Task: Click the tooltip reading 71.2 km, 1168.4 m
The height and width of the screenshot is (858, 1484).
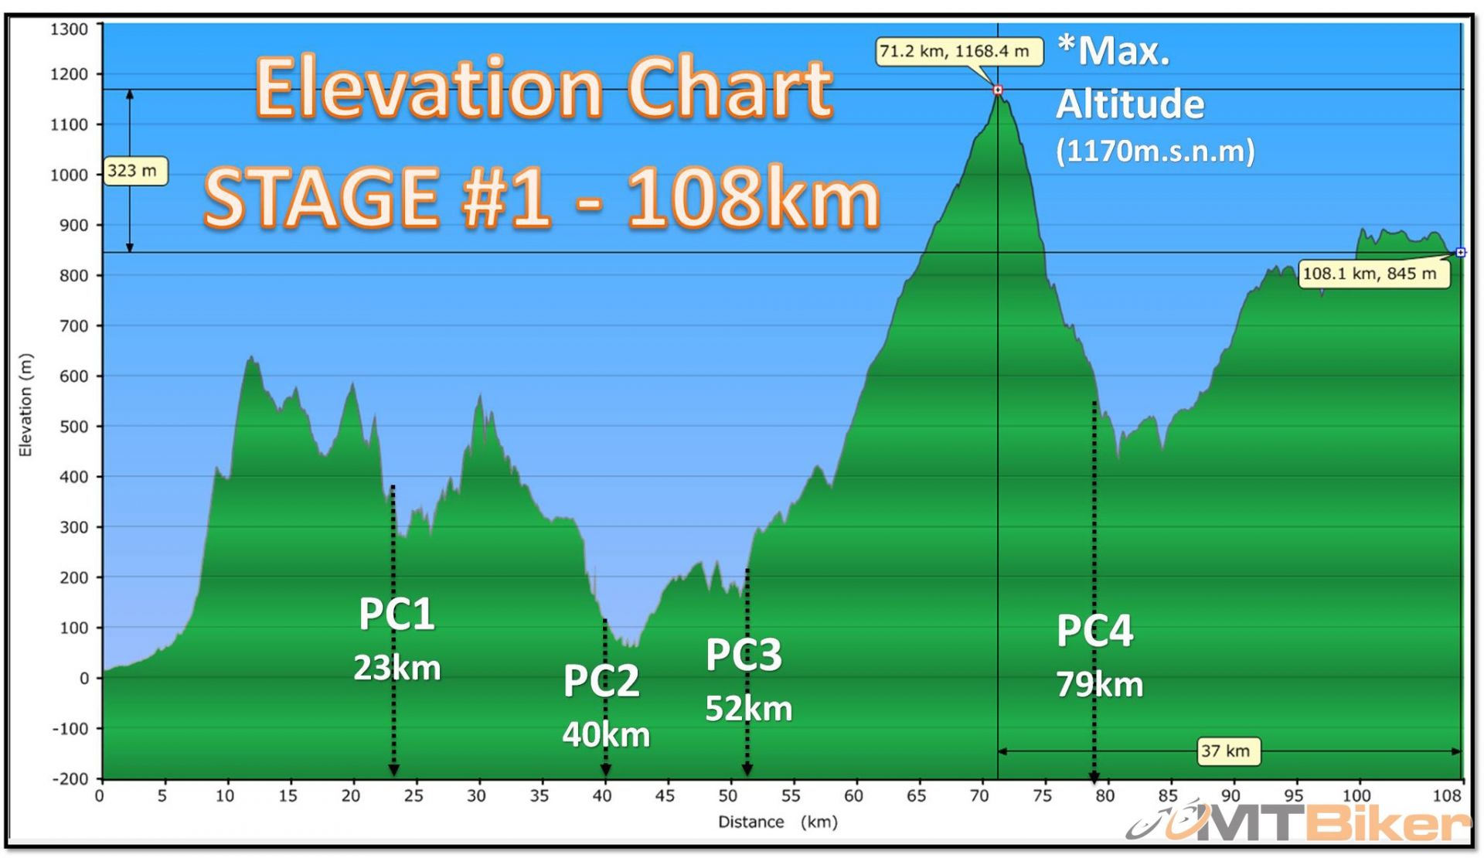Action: pyautogui.click(x=958, y=52)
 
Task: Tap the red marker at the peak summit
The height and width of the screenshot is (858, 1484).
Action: pyautogui.click(x=998, y=90)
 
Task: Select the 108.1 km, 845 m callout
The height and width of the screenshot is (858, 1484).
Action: pyautogui.click(x=1373, y=274)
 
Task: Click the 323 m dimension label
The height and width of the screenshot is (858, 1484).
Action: pyautogui.click(x=133, y=171)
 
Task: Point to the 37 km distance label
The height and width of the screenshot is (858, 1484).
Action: pyautogui.click(x=1227, y=751)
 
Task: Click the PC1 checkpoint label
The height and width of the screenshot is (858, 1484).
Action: pyautogui.click(x=397, y=615)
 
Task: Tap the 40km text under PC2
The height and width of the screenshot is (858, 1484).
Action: pyautogui.click(x=606, y=734)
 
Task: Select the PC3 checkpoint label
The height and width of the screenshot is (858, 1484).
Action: pyautogui.click(x=744, y=655)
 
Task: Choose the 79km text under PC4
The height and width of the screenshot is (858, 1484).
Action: pyautogui.click(x=1099, y=685)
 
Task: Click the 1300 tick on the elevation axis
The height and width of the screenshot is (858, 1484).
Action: pyautogui.click(x=70, y=29)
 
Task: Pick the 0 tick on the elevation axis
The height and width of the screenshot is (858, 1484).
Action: pyautogui.click(x=84, y=679)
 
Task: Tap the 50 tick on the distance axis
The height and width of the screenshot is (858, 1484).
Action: pyautogui.click(x=728, y=796)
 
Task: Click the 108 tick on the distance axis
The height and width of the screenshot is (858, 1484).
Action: pyautogui.click(x=1447, y=796)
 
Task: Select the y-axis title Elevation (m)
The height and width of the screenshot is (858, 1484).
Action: pyautogui.click(x=26, y=405)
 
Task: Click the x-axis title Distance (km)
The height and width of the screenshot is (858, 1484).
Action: pyautogui.click(x=778, y=822)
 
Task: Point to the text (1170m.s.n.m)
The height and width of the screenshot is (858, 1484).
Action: pyautogui.click(x=1155, y=151)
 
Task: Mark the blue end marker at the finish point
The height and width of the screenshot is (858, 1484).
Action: pyautogui.click(x=1460, y=252)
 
